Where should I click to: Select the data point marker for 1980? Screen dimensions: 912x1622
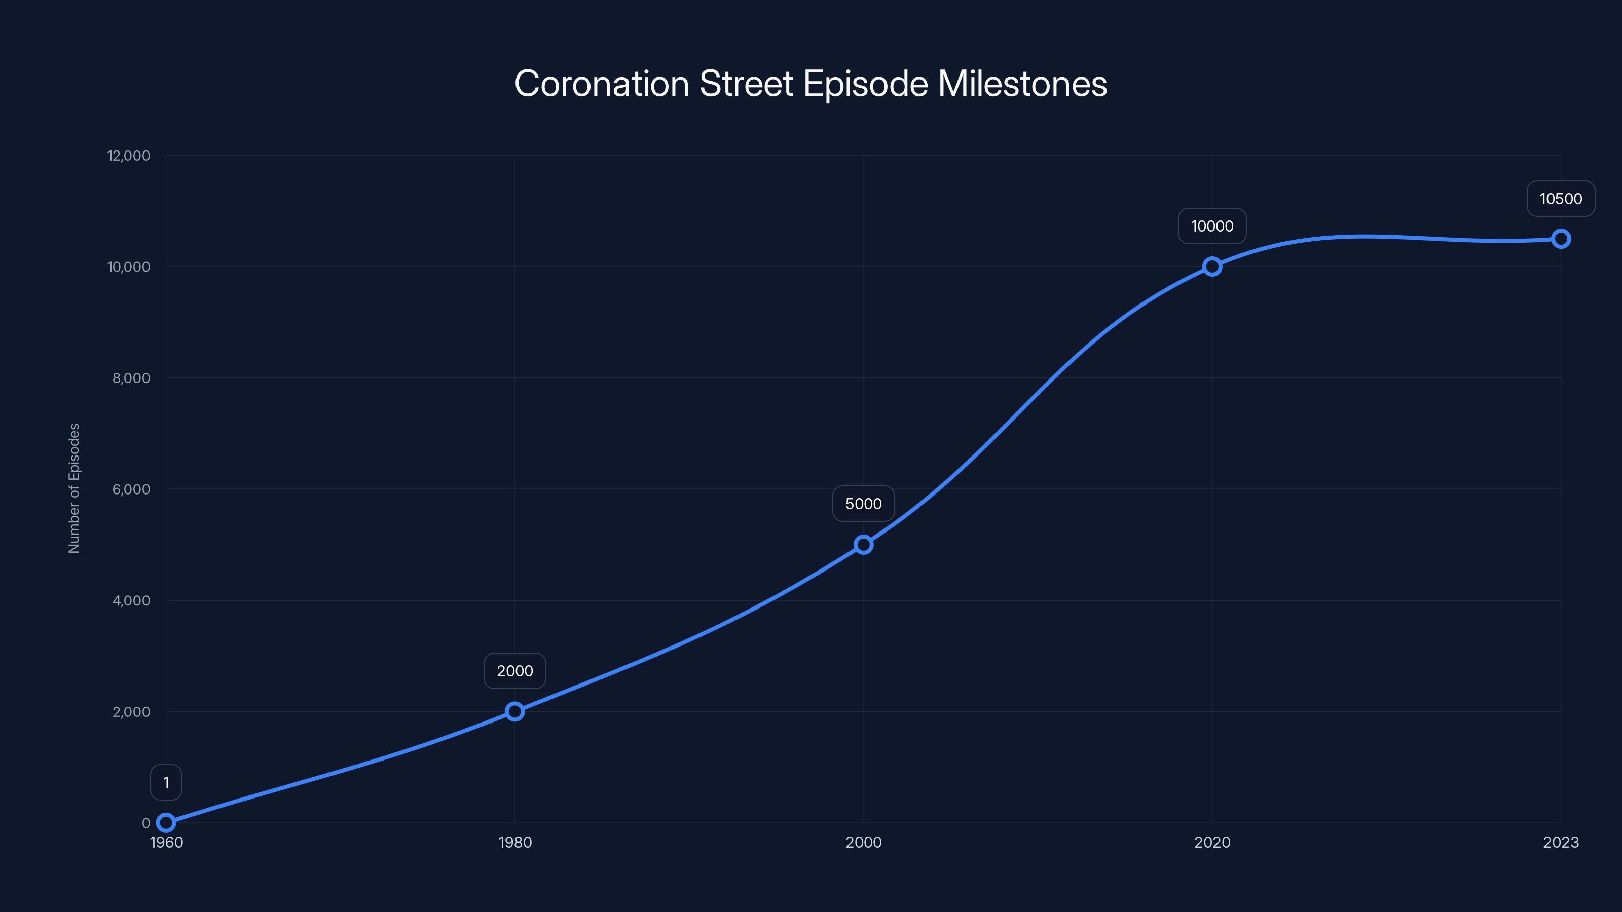point(514,711)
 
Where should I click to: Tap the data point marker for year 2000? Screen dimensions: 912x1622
point(863,545)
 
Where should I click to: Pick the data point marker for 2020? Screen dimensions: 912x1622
point(1212,266)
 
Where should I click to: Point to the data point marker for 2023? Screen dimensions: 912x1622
point(1560,239)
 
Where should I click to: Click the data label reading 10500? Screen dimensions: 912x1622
point(1560,199)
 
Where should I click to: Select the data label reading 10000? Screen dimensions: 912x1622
point(1212,226)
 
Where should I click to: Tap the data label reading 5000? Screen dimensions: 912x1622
point(863,504)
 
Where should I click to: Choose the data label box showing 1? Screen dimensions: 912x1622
point(166,782)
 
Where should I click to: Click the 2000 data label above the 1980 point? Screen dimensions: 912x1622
point(514,671)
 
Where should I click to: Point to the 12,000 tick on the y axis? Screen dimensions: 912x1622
point(129,156)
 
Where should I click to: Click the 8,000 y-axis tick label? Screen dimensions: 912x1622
point(131,377)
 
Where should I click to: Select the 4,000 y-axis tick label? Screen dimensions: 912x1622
point(131,600)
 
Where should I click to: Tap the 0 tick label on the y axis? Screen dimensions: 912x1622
point(146,823)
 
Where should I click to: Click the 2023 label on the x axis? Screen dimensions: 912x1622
point(1560,842)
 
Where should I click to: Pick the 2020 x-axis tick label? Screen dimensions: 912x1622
point(1212,842)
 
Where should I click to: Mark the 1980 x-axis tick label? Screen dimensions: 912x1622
point(514,842)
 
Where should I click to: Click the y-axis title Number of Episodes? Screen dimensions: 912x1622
point(75,488)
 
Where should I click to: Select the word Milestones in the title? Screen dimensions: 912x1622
point(1022,84)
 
